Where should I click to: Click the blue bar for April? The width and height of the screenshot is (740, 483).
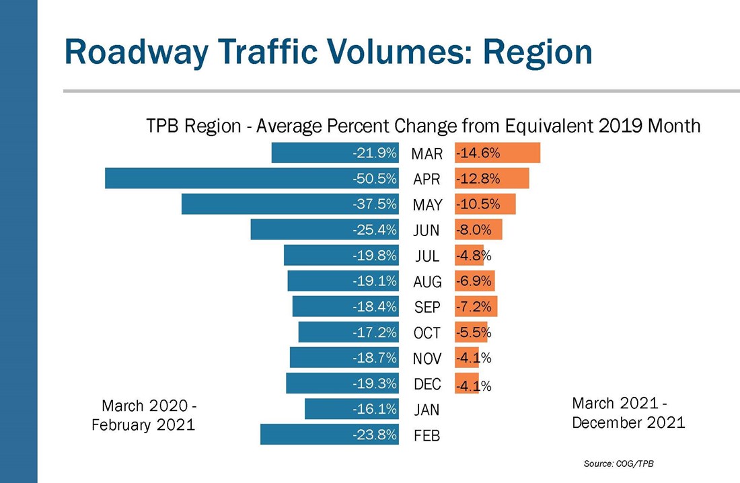tap(252, 178)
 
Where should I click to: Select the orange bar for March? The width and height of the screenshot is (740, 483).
tap(497, 153)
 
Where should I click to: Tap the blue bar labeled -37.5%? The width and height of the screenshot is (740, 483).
tap(290, 204)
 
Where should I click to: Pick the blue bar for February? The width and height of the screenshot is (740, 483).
tap(330, 435)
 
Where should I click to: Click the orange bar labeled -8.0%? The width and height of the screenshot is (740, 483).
tap(478, 229)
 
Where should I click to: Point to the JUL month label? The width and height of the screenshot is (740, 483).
tap(427, 256)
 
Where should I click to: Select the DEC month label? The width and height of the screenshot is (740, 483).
tap(427, 384)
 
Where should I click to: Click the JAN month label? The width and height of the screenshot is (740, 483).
tap(427, 410)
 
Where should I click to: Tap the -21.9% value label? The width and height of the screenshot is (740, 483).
tap(375, 153)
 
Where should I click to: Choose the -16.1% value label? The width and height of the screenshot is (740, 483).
tap(375, 409)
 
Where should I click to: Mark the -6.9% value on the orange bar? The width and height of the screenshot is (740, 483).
tap(474, 281)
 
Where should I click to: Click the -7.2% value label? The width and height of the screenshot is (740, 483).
tap(474, 307)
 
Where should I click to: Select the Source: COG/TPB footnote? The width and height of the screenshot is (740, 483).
tap(619, 463)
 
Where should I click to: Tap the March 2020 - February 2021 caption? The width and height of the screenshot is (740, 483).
tap(144, 415)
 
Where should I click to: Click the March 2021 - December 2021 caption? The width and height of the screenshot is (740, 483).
tap(628, 412)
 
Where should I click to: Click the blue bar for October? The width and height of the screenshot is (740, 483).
tap(348, 332)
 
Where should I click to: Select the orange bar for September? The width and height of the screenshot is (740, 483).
tap(476, 307)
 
